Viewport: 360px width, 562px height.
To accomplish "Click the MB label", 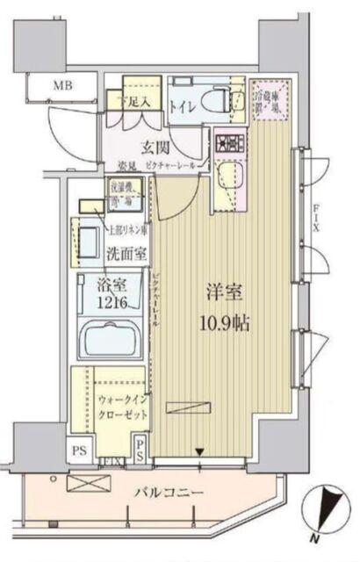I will [x=61, y=85].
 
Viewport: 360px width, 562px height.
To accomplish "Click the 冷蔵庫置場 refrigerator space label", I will [x=265, y=97].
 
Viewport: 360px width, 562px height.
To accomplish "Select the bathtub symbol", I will [x=110, y=339].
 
